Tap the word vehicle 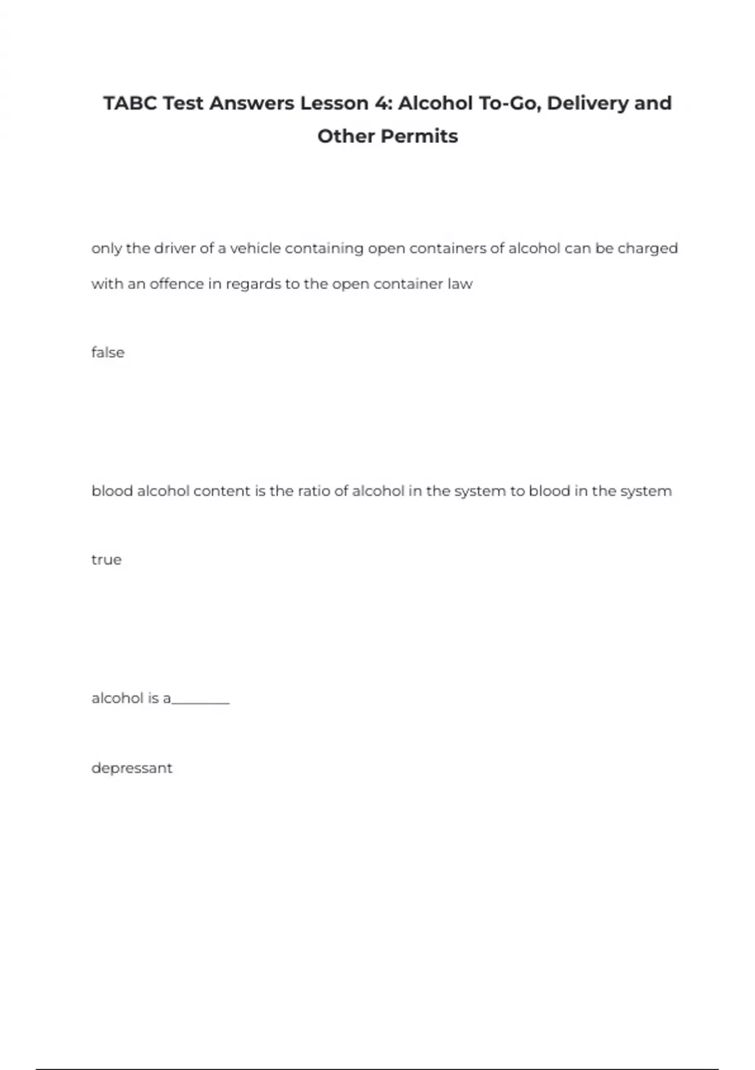[255, 249]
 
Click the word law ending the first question [460, 284]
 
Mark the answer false [108, 352]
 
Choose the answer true [106, 560]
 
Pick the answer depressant [131, 769]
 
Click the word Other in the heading [344, 136]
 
